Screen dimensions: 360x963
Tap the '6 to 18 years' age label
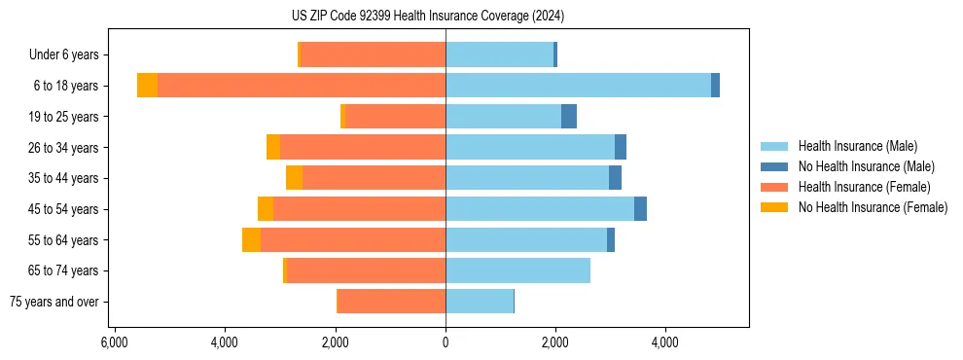coord(66,86)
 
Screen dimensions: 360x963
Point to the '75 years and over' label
coord(54,302)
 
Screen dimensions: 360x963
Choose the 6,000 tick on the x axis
coord(115,342)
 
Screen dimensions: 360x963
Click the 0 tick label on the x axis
coord(446,342)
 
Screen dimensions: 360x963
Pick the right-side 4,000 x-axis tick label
coord(665,342)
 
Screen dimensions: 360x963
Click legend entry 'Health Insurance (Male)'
coord(857,146)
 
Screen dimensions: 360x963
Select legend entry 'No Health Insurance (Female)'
coord(873,207)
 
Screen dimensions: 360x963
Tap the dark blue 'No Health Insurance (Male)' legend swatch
coord(774,166)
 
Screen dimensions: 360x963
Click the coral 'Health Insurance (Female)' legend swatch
coord(774,187)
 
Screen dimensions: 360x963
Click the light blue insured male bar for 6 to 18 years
coord(578,86)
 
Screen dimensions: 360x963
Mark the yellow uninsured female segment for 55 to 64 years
coord(251,240)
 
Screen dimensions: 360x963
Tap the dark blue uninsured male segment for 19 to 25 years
coord(569,117)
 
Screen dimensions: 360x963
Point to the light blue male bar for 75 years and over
coord(479,302)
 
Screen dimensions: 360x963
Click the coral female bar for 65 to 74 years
coord(366,270)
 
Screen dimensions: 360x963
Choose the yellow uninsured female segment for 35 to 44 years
coord(294,178)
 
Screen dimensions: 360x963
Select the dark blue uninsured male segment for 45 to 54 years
coord(640,209)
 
